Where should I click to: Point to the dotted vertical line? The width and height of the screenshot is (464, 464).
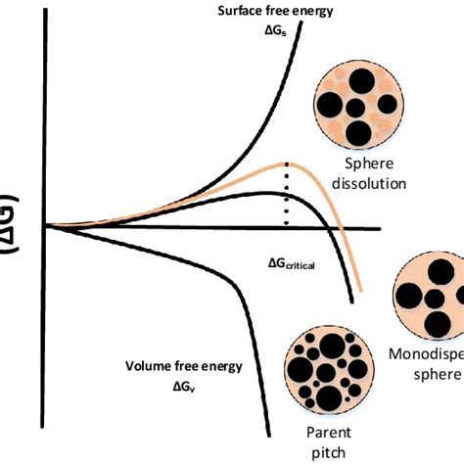286,196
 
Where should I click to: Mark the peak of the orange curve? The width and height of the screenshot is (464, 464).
285,162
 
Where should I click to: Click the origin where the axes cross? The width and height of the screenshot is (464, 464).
44,226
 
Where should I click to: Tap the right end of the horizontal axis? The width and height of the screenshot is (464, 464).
378,230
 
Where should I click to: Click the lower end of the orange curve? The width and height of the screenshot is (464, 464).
361,291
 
